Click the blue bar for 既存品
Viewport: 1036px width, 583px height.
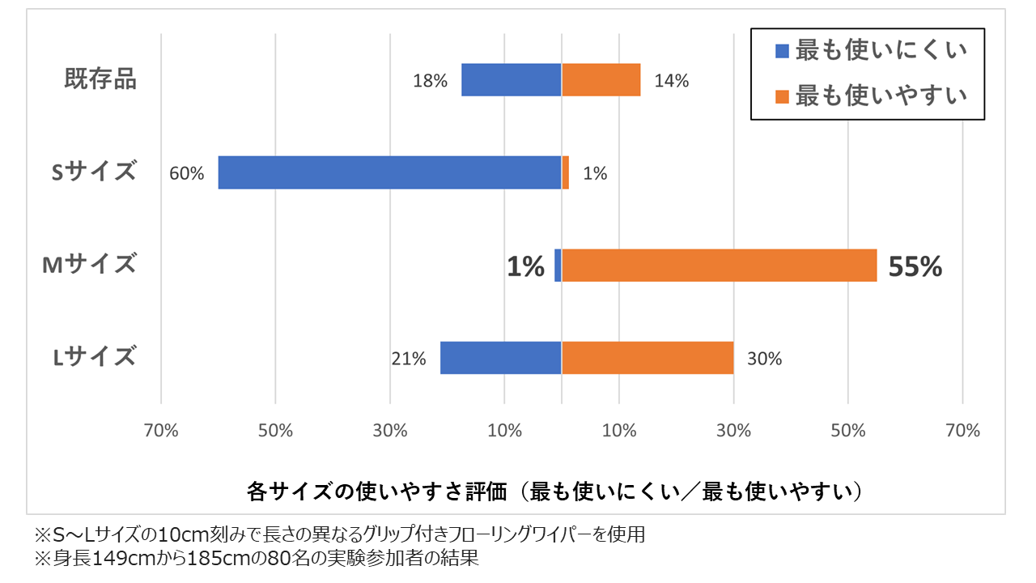512,80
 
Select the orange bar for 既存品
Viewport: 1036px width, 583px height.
601,80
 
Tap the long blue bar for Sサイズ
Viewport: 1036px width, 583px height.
389,172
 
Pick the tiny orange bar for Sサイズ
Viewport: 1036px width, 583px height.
566,172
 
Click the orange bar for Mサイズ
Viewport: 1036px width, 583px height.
720,265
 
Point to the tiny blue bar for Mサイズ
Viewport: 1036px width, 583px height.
558,265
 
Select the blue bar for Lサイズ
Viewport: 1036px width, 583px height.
501,358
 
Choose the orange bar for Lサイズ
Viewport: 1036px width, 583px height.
647,358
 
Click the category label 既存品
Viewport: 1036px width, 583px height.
100,80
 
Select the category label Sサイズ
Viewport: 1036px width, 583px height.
94,172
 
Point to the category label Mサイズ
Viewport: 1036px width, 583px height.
90,265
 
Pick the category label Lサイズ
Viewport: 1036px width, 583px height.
95,358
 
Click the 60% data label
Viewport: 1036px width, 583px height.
187,173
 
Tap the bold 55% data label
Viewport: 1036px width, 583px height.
915,266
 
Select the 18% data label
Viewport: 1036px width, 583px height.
430,81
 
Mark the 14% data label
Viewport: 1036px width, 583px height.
672,81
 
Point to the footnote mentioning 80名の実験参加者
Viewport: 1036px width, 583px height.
253,559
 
